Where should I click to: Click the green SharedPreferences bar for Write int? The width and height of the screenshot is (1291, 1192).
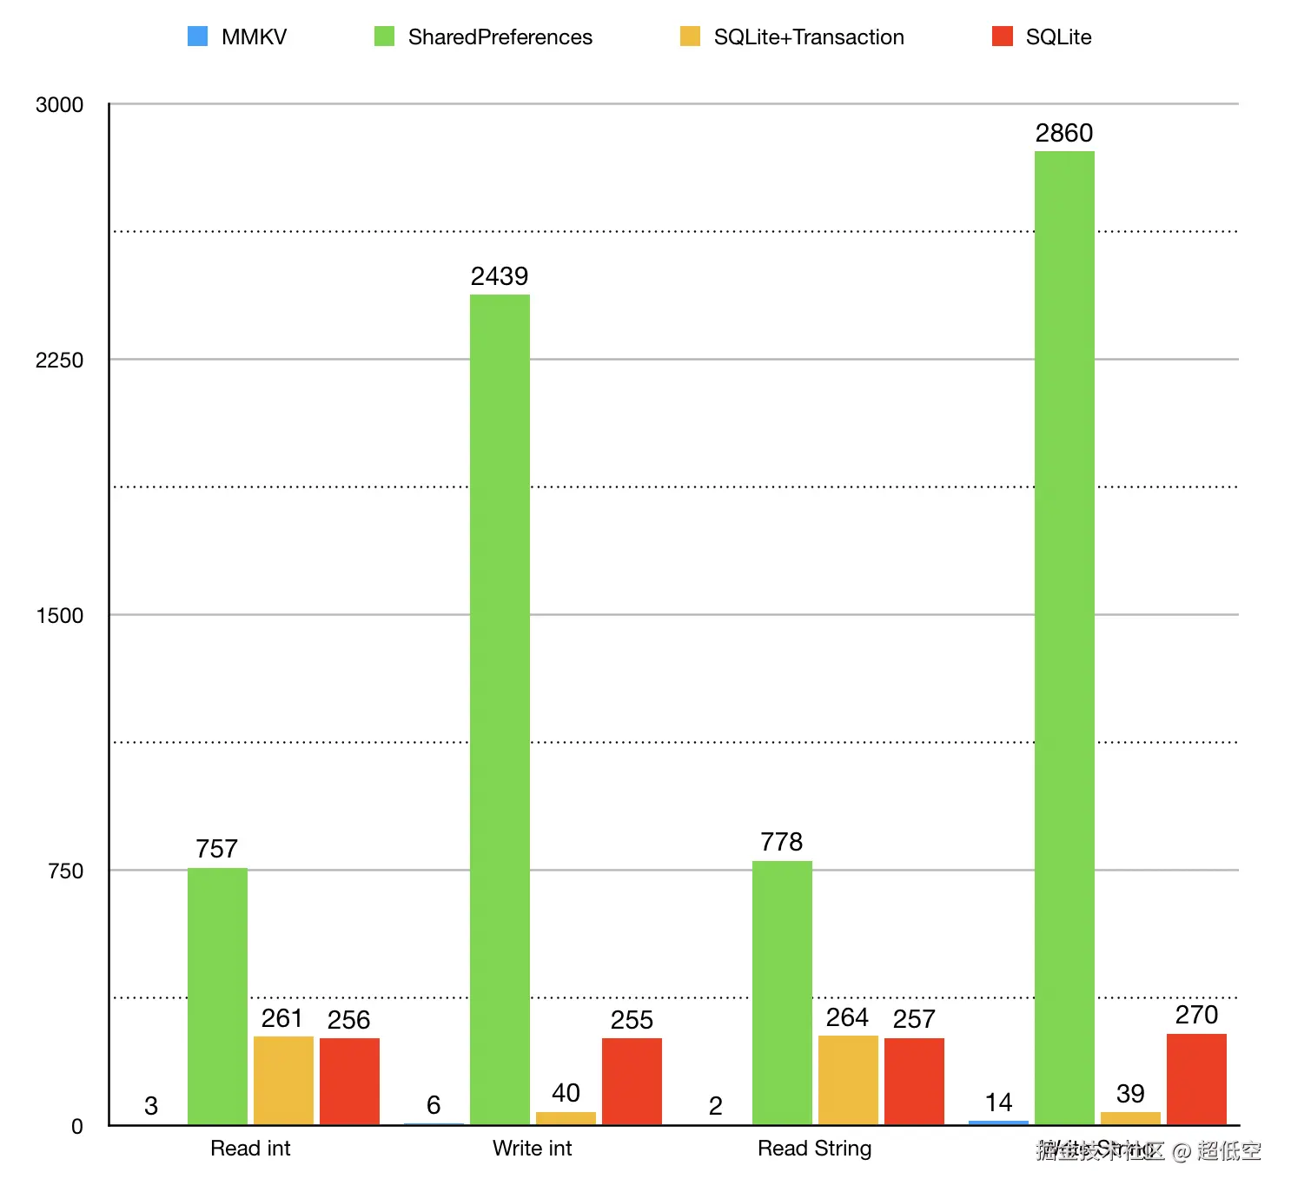(x=500, y=709)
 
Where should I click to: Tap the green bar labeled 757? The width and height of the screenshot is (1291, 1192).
(x=217, y=996)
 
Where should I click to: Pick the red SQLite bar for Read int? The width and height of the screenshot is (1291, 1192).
(x=349, y=1081)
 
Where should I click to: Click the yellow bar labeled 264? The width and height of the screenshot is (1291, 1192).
(x=848, y=1080)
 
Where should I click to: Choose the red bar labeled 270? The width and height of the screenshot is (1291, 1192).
(x=1196, y=1079)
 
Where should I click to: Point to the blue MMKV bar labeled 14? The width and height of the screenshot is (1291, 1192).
(x=998, y=1122)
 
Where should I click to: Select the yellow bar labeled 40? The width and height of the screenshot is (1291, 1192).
(x=566, y=1118)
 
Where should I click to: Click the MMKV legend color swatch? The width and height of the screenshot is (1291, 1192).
(x=198, y=36)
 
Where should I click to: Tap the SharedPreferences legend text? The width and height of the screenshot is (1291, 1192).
(x=500, y=37)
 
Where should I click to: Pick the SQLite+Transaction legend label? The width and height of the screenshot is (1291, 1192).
(x=809, y=37)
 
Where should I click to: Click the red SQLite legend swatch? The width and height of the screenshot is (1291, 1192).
(x=1003, y=36)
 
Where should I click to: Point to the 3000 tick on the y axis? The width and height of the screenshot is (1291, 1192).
(x=59, y=105)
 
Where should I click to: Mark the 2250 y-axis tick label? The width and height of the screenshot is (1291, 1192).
(x=59, y=361)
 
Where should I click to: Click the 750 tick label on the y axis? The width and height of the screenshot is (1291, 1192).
(x=66, y=871)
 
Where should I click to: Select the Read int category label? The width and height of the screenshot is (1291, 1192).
(x=250, y=1149)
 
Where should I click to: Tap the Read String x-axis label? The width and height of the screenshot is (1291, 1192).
(x=814, y=1149)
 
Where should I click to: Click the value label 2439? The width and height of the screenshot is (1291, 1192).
(x=500, y=276)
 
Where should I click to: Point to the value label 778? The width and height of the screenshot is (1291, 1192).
(x=781, y=842)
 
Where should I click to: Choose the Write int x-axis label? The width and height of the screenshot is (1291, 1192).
(x=532, y=1149)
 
